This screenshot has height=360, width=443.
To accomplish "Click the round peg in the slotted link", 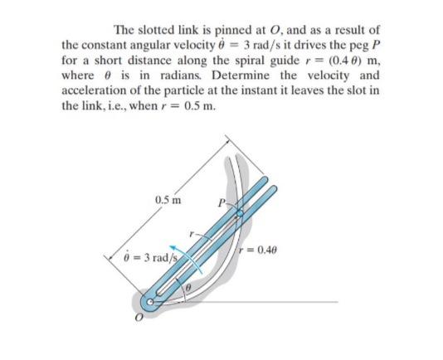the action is coord(240,212).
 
